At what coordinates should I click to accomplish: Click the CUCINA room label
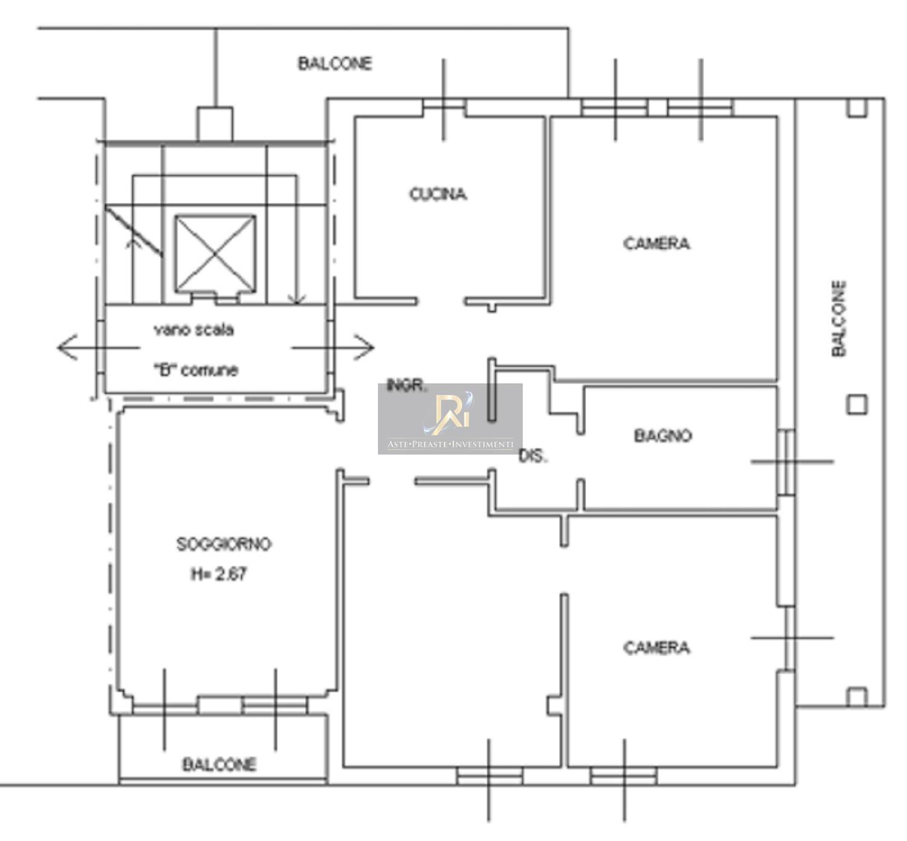(438, 194)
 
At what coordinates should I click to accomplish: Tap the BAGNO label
(663, 436)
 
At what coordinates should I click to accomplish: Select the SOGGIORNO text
(224, 544)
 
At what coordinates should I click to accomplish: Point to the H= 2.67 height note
(219, 574)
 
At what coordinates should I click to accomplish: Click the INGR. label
(407, 386)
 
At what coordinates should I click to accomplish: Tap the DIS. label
(533, 456)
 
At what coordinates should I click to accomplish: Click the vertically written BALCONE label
(839, 319)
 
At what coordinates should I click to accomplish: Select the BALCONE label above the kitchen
(335, 63)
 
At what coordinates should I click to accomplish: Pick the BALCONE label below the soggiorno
(219, 774)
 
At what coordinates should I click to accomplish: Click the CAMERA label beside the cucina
(656, 244)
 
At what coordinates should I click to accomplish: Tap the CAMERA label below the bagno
(656, 648)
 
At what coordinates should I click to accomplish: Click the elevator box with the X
(215, 254)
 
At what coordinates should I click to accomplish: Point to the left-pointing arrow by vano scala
(98, 348)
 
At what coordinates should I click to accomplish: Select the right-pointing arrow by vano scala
(333, 348)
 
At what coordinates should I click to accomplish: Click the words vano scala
(193, 330)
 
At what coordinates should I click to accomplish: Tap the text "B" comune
(196, 369)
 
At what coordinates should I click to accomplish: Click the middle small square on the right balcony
(857, 405)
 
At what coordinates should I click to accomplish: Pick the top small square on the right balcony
(857, 108)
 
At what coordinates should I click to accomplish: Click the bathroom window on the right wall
(786, 462)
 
